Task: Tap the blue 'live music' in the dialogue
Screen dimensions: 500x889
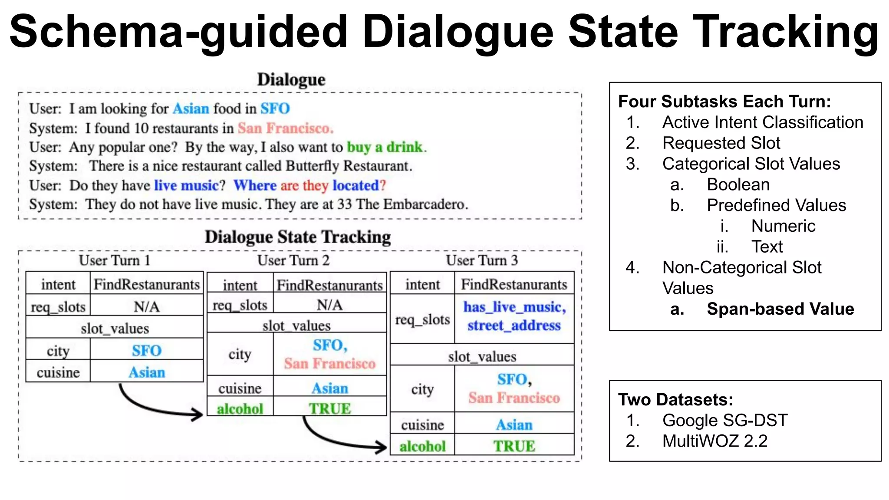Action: point(186,185)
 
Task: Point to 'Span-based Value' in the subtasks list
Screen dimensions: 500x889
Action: point(780,309)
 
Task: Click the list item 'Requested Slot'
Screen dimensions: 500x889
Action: point(721,143)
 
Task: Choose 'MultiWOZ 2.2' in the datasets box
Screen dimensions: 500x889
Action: point(714,441)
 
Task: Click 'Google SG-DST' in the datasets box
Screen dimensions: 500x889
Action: point(724,420)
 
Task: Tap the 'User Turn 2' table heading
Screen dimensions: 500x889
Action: point(293,260)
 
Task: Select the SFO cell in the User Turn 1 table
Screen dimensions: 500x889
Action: point(147,350)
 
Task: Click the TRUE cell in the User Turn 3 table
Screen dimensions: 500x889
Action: point(514,446)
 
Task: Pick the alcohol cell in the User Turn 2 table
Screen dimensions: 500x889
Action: point(240,408)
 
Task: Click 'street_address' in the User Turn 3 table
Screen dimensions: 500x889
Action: point(514,326)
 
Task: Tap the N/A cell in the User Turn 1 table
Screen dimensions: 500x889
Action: point(147,307)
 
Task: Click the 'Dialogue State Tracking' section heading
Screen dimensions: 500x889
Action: point(298,237)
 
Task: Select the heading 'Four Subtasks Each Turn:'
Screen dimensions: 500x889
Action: point(724,102)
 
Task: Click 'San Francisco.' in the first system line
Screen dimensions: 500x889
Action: point(285,128)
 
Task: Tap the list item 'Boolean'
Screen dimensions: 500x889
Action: point(738,184)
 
